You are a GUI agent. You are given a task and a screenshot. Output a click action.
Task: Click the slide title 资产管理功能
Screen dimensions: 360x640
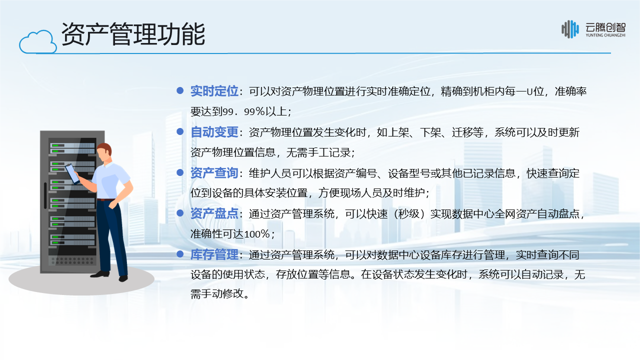point(133,34)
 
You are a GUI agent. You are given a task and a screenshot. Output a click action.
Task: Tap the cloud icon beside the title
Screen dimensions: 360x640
point(38,42)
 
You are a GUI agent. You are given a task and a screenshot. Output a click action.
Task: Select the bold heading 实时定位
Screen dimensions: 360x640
point(214,91)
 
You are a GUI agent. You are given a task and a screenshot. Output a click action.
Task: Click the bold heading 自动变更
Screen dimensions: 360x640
point(214,132)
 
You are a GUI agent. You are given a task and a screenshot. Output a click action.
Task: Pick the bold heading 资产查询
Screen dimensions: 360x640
point(214,173)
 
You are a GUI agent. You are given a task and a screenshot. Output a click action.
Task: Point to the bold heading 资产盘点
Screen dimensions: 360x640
point(214,214)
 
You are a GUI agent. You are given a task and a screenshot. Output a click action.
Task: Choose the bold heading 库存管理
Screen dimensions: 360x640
point(214,255)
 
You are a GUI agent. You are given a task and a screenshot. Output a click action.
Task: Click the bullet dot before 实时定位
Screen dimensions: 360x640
point(180,90)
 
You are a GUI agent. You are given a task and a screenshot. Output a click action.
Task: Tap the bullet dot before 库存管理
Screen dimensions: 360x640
point(180,254)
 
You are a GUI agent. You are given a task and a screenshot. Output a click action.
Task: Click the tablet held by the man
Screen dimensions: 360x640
point(72,173)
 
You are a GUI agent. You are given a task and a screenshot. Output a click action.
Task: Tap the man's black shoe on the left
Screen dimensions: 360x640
point(99,273)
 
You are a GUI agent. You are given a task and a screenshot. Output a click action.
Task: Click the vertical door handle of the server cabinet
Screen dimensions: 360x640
point(45,195)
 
